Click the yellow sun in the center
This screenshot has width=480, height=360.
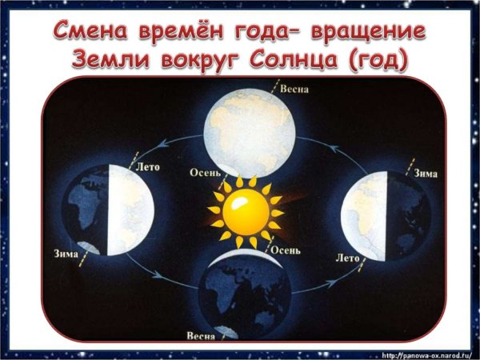(x=246, y=210)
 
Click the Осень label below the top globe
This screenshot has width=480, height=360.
(x=205, y=170)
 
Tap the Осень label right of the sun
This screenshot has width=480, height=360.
(x=286, y=250)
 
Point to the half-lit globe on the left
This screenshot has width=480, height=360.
(x=107, y=210)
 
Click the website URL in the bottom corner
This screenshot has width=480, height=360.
(x=428, y=354)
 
